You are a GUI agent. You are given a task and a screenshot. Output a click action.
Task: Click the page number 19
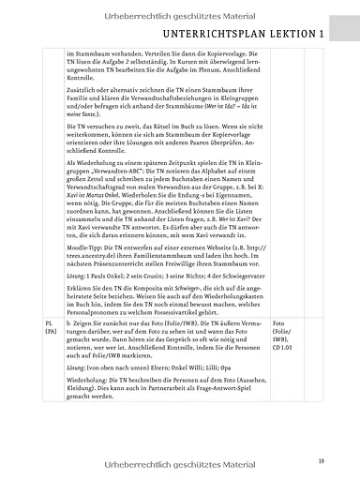pyautogui.click(x=321, y=459)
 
